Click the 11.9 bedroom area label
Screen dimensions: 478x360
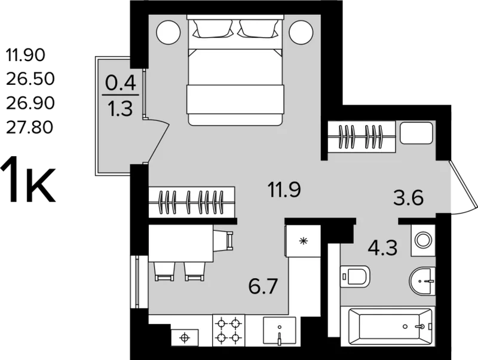pyautogui.click(x=284, y=190)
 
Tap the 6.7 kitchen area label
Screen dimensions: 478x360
pyautogui.click(x=263, y=286)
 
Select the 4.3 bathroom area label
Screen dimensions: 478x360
pyautogui.click(x=382, y=248)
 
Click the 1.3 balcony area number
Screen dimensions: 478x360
pyautogui.click(x=121, y=109)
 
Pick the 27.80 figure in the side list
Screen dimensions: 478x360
pyautogui.click(x=29, y=127)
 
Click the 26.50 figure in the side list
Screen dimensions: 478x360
pyautogui.click(x=30, y=79)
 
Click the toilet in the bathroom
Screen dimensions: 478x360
pyautogui.click(x=355, y=276)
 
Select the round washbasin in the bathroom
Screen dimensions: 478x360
pyautogui.click(x=422, y=280)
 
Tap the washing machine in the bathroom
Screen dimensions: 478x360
pyautogui.click(x=423, y=240)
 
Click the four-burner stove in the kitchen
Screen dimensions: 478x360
pyautogui.click(x=228, y=330)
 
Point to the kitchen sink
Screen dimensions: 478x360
pyautogui.click(x=280, y=331)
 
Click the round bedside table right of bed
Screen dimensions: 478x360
pyautogui.click(x=301, y=33)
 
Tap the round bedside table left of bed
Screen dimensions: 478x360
pyautogui.click(x=168, y=33)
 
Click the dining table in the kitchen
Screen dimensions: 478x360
pyautogui.click(x=181, y=243)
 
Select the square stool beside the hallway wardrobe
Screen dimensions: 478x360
pyautogui.click(x=416, y=133)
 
